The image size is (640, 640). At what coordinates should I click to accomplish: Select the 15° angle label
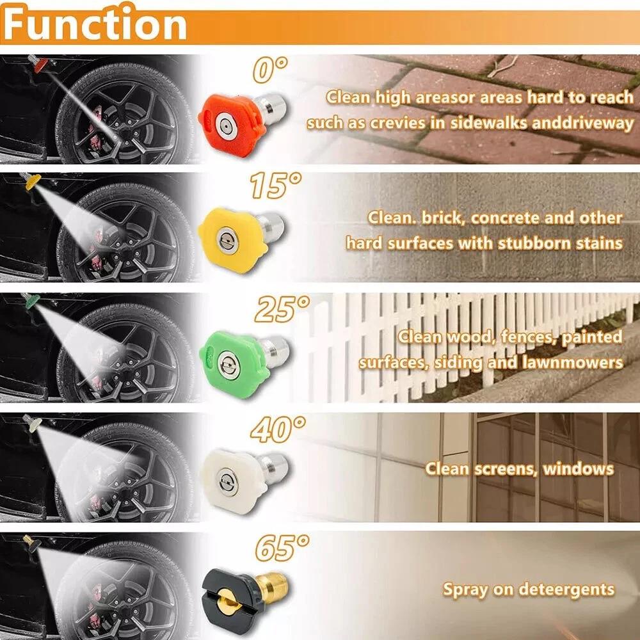click(x=275, y=186)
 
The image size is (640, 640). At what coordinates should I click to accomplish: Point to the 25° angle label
click(x=282, y=308)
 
